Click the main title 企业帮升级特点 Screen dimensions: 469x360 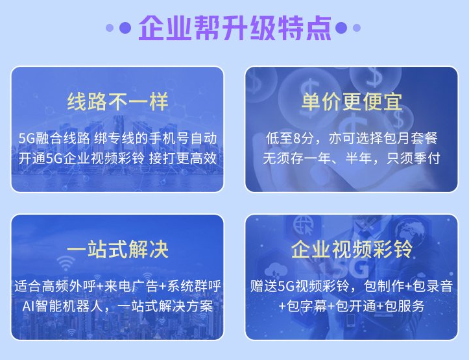[235, 28]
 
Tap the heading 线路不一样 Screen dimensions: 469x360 [117, 102]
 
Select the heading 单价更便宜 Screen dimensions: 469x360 [352, 102]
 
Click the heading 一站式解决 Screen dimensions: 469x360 [117, 250]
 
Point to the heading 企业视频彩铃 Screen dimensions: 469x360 [352, 249]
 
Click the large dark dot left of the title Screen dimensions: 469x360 [125, 28]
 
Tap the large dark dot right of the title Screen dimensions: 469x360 [341, 28]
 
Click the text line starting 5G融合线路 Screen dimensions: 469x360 [117, 138]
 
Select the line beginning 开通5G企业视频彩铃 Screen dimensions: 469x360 [117, 158]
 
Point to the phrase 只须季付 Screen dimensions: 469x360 [413, 158]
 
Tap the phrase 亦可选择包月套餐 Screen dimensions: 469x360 [383, 138]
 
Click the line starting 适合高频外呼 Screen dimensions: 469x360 [117, 286]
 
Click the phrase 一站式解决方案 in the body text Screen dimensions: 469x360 [165, 306]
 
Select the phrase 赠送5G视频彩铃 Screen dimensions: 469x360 [300, 286]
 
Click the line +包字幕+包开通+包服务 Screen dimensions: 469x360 [352, 306]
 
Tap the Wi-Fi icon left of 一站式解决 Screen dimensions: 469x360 [66, 263]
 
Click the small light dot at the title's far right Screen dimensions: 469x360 [357, 28]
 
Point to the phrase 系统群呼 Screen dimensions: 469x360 [194, 286]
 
